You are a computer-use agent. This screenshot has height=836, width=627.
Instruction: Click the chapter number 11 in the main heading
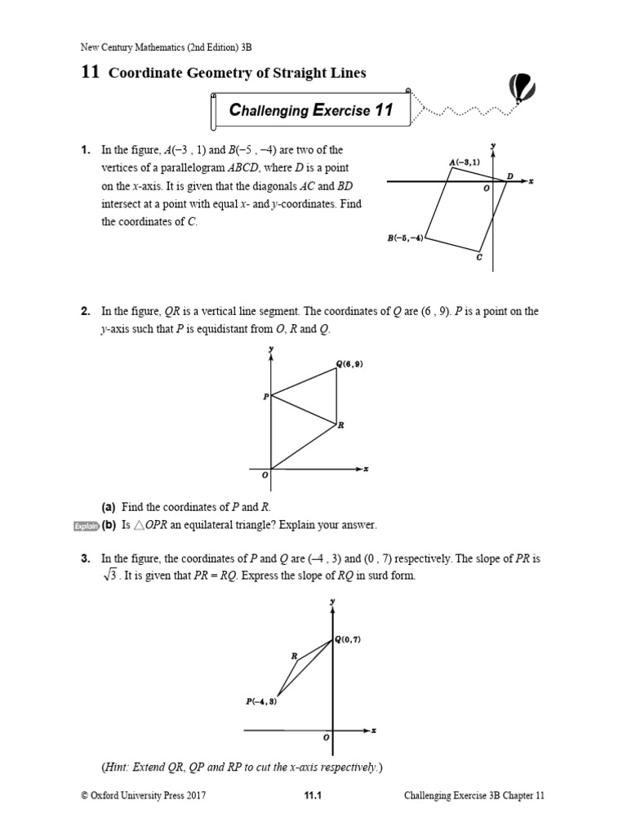point(90,73)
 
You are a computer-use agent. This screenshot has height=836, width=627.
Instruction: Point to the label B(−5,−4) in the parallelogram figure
point(405,239)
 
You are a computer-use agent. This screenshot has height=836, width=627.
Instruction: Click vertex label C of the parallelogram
point(479,257)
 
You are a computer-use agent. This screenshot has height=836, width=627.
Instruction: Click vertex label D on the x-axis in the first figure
point(510,176)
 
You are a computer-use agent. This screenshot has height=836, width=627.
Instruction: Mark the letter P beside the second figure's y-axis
point(265,397)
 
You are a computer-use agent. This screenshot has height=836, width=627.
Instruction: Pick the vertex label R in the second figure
point(341,425)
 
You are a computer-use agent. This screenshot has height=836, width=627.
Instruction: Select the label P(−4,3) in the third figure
point(261,700)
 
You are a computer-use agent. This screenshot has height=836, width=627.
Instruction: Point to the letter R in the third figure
point(294,656)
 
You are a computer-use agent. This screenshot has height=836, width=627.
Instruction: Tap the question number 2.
point(85,311)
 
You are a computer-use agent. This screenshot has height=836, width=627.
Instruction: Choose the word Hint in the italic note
point(118,767)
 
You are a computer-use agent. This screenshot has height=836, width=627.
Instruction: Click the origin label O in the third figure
point(325,736)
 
